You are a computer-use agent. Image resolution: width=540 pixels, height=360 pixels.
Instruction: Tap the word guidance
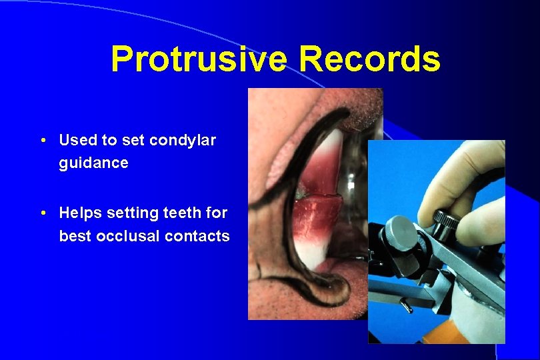coord(93,163)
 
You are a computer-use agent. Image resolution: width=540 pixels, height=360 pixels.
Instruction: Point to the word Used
coord(77,141)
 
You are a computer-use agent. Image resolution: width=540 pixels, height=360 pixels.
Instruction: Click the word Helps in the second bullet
coord(79,213)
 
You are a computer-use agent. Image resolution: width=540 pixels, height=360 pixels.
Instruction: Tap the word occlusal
coord(133,236)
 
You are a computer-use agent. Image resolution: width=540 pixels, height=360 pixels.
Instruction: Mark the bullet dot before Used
coord(43,141)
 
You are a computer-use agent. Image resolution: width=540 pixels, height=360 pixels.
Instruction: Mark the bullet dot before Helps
coord(43,214)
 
